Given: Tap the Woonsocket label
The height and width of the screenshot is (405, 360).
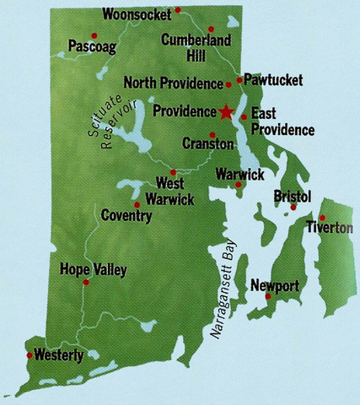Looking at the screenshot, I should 137,13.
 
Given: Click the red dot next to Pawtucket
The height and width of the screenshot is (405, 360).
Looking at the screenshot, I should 239,80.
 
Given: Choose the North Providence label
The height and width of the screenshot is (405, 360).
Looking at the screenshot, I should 173,83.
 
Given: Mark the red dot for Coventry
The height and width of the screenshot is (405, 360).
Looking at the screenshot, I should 137,203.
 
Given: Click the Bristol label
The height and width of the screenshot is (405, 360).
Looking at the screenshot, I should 293,196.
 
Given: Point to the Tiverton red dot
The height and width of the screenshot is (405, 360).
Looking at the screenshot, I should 322,218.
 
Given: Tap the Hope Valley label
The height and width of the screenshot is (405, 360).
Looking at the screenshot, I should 94,270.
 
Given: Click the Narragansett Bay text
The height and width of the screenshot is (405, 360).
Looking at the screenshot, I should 221,295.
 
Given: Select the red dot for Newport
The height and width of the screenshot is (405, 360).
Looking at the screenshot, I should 268,296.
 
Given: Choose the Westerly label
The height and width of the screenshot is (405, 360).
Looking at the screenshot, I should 58,356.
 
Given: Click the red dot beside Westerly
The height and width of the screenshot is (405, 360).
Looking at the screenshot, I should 30,355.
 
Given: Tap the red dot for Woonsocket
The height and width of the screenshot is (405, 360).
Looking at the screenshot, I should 178,10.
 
